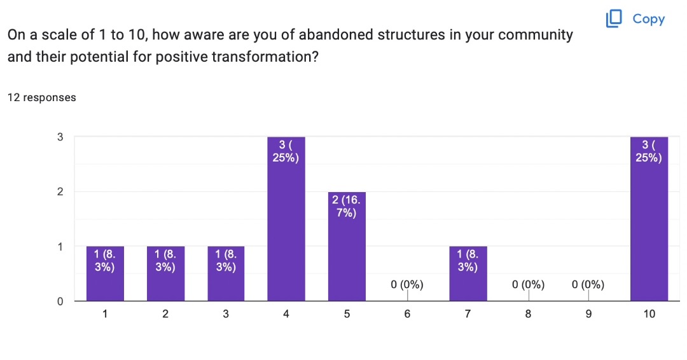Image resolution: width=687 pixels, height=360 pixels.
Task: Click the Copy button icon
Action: [x=614, y=18]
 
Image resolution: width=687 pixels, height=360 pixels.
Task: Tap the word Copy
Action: [x=648, y=19]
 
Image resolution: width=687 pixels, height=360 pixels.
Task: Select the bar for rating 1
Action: [x=105, y=273]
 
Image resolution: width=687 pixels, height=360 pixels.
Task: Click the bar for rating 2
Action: [x=165, y=273]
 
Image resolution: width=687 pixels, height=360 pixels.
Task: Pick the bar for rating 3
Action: [x=226, y=273]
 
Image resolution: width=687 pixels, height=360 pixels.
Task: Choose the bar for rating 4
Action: [x=286, y=219]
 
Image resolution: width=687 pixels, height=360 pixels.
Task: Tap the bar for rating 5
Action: [x=347, y=247]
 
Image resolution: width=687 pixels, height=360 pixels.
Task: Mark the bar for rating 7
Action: [x=468, y=273]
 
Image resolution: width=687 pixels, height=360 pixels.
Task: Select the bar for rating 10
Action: [x=649, y=219]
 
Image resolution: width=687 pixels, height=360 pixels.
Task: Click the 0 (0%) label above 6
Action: [x=407, y=285]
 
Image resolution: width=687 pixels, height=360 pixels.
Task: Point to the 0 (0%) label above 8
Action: [x=529, y=285]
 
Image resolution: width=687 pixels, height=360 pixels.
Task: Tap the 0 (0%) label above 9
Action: [x=588, y=285]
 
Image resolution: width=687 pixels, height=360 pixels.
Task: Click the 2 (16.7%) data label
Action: [x=347, y=206]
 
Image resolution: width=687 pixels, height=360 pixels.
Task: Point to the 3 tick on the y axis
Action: [x=60, y=137]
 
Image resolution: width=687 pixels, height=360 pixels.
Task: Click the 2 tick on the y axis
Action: [x=60, y=192]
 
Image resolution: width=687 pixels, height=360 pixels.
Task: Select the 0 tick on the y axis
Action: [x=60, y=301]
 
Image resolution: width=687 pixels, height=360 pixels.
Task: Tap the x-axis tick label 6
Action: [x=407, y=314]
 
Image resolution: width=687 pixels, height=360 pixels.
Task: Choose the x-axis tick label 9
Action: [x=588, y=314]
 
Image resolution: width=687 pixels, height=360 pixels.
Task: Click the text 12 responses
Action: [x=41, y=97]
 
